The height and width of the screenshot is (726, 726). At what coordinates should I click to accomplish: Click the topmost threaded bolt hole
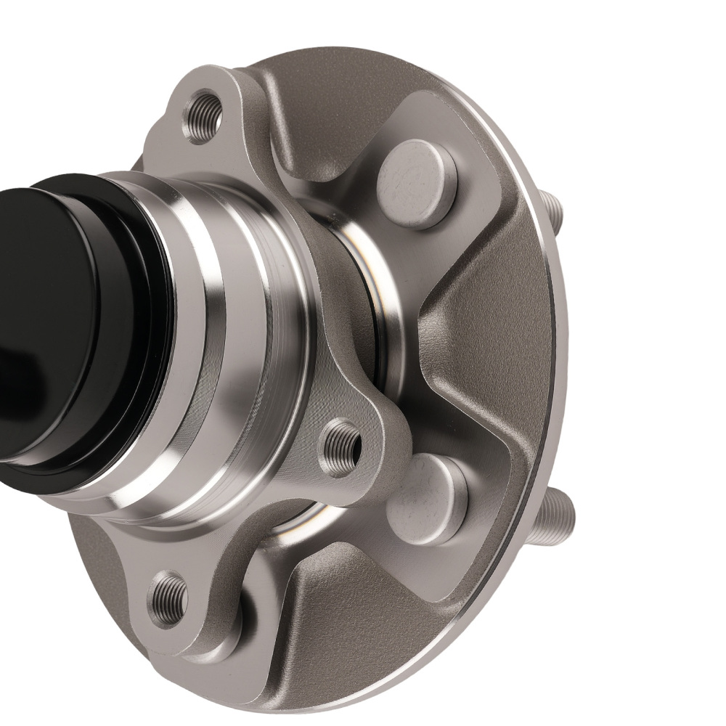tap(203, 115)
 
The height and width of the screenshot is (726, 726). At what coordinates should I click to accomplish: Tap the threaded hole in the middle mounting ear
tap(340, 448)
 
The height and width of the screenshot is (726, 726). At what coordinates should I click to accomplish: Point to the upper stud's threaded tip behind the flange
tap(553, 210)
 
